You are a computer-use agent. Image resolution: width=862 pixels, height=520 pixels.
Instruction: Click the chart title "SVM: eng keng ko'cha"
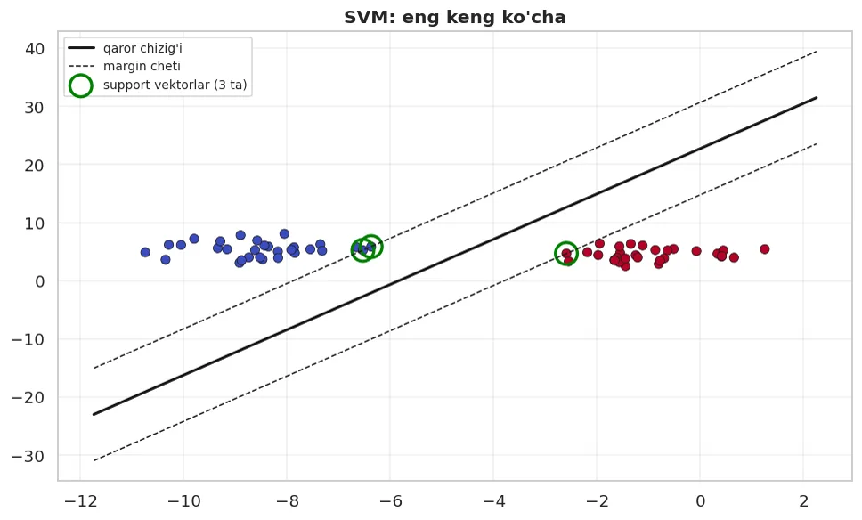point(455,17)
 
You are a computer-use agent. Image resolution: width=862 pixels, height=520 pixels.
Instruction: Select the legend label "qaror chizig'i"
point(142,48)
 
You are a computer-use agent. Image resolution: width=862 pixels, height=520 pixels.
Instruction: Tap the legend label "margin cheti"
point(142,66)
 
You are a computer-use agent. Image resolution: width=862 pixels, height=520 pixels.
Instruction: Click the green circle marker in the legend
point(81,85)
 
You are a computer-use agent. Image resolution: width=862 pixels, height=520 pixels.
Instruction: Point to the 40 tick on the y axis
point(35,48)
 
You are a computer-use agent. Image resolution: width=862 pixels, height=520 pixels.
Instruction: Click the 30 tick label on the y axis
point(35,107)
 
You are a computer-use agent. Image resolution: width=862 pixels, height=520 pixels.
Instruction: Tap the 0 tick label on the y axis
point(39,281)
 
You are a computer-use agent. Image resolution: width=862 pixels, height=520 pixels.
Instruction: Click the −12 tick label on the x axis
point(80,500)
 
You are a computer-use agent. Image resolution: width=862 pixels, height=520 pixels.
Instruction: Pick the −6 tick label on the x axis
point(390,500)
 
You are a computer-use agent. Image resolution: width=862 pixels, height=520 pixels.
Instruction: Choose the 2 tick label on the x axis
point(804,500)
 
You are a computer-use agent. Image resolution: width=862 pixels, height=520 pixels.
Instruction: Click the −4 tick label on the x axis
point(493,500)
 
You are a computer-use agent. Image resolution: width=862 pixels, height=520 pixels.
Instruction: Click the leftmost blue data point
point(145,252)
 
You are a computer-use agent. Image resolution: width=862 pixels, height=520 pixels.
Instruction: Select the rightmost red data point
point(765,249)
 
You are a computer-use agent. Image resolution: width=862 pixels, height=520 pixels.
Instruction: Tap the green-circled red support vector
point(566,254)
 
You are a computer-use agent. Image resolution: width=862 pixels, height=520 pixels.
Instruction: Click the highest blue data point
point(284,233)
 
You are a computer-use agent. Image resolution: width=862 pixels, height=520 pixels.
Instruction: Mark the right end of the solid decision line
point(817,97)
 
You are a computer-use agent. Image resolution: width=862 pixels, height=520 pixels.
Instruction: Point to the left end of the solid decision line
point(94,414)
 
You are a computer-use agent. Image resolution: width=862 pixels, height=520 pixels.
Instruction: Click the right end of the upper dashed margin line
point(817,51)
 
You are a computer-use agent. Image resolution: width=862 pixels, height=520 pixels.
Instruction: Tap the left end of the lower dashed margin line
point(94,460)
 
